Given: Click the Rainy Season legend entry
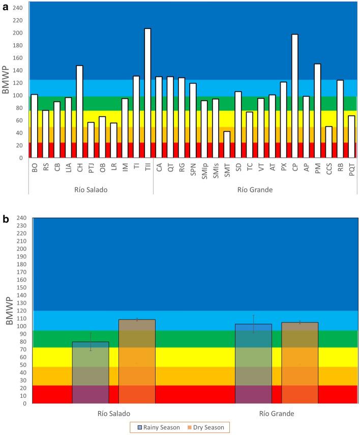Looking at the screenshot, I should coord(159,427).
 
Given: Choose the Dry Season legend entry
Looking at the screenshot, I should coord(205,427).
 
